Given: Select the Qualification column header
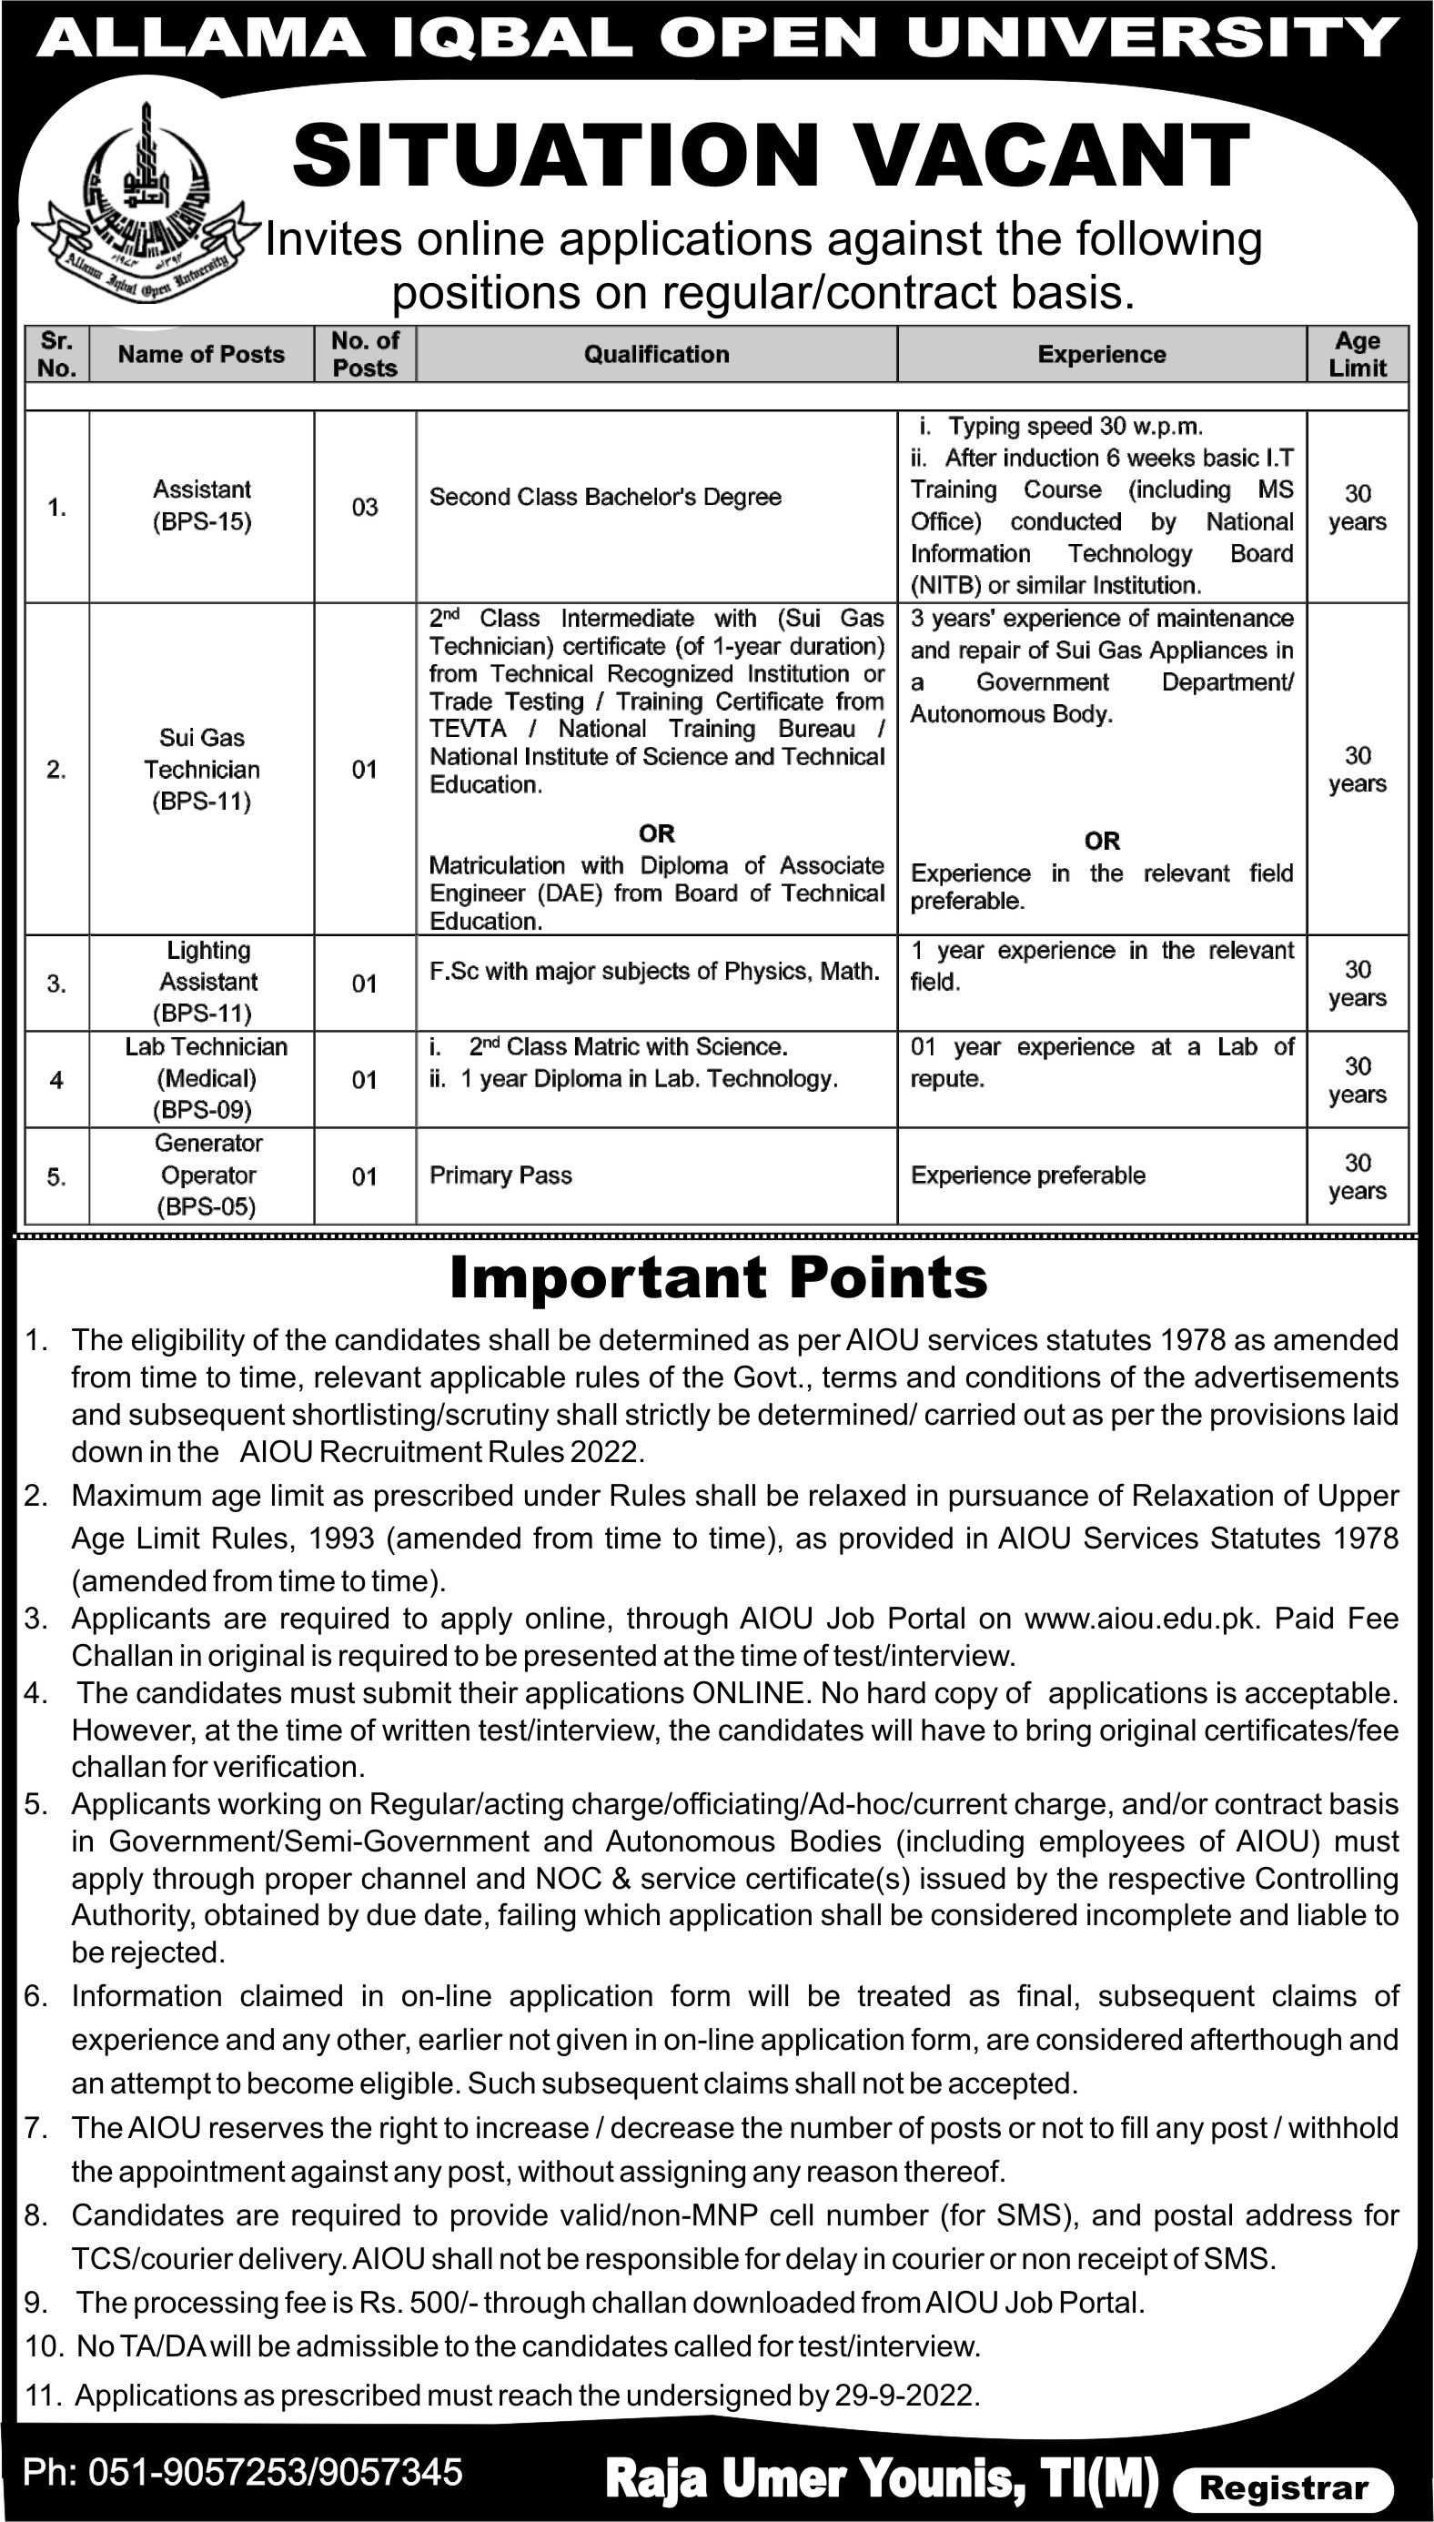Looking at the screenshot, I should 656,355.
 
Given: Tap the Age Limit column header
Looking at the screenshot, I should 1358,355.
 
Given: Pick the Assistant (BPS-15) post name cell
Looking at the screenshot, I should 202,505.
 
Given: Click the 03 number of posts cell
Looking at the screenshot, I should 364,507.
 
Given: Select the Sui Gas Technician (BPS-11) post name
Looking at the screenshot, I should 202,769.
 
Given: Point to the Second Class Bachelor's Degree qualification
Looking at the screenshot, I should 605,498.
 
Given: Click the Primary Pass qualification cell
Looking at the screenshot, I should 500,1175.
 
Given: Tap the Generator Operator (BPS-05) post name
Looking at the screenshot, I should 207,1175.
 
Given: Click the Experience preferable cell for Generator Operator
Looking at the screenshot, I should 1027,1175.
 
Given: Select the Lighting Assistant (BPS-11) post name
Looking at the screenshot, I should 207,981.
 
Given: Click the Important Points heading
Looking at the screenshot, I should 718,1278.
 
